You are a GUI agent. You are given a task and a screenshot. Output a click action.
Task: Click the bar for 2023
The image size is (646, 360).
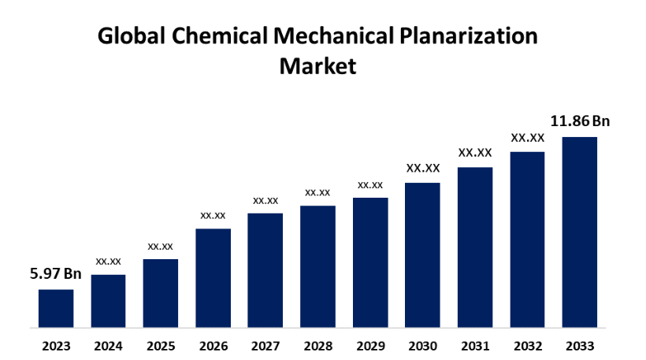coord(56,308)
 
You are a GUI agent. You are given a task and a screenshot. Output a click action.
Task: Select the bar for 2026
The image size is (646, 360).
coord(213,277)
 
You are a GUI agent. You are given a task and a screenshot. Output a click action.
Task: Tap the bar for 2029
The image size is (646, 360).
coord(370,262)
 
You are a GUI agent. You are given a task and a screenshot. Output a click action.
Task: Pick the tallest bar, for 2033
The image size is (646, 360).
coord(579,232)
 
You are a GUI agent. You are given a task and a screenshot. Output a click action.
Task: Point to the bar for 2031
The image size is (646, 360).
coord(475,247)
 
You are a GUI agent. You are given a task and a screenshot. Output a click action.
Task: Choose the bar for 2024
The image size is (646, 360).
coord(108,300)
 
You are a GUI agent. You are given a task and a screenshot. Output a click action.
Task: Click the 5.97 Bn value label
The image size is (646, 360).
coord(56,274)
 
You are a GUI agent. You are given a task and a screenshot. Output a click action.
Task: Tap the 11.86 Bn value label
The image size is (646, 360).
coord(580,121)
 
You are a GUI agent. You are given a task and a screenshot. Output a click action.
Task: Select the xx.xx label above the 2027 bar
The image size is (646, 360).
coord(265,200)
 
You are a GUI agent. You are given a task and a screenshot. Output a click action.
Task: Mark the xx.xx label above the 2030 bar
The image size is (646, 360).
coord(422,168)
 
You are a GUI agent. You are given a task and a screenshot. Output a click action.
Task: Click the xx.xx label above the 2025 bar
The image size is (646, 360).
coord(161,246)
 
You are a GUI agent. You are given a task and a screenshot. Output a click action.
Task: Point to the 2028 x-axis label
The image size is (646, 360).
coord(317,346)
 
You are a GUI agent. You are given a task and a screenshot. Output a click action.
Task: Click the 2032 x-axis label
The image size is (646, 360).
coord(527,346)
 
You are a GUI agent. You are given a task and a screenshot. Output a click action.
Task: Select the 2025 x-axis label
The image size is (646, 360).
coord(161,346)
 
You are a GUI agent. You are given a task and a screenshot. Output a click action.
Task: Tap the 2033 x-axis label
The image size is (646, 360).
coord(579,346)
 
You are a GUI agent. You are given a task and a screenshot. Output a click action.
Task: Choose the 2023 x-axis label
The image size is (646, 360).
coord(56,346)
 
